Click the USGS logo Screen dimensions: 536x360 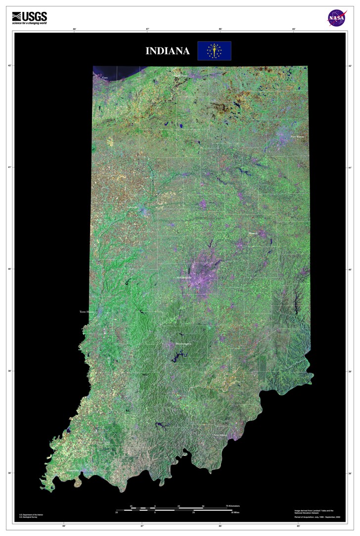click(29, 18)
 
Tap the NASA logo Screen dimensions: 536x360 click(336, 18)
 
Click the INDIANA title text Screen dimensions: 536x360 click(167, 51)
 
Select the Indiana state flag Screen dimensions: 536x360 click(214, 50)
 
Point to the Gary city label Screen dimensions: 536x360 click(104, 78)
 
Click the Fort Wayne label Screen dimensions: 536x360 click(298, 136)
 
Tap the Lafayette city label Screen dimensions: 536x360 click(133, 207)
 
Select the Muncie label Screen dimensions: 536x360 click(253, 232)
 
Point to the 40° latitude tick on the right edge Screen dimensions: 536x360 click(350, 269)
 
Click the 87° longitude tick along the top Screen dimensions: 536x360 click(147, 29)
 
